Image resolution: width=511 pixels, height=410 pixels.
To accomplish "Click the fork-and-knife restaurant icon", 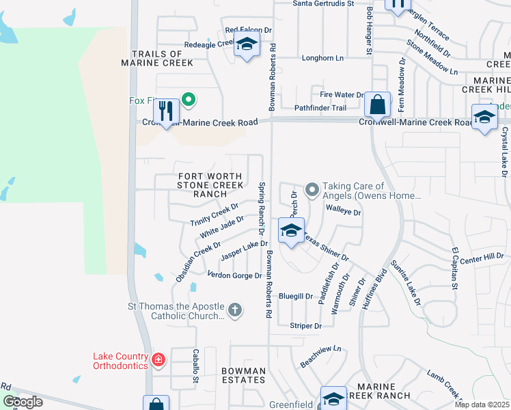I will [x=166, y=111].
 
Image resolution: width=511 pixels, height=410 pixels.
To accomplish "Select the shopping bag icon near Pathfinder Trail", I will [x=376, y=105].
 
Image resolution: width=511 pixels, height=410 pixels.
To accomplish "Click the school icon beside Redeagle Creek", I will [x=246, y=46].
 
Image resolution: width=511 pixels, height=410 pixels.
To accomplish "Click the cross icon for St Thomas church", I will [x=234, y=310].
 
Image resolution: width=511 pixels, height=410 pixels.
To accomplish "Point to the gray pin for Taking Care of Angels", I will [x=312, y=189].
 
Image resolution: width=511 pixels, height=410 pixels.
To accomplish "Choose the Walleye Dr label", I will [x=343, y=212].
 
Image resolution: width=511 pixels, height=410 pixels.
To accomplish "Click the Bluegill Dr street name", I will [x=295, y=297].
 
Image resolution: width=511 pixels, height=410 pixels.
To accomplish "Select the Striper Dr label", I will [x=305, y=326].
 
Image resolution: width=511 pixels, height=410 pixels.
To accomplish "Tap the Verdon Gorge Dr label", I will [x=234, y=275].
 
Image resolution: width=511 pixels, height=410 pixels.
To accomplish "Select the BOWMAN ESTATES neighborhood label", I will [x=243, y=375].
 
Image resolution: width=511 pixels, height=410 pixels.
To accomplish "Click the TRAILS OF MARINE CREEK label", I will [x=156, y=58].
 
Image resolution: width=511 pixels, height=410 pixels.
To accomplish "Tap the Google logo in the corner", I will [x=23, y=402].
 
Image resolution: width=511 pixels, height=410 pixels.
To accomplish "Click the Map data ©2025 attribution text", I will [x=482, y=405].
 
